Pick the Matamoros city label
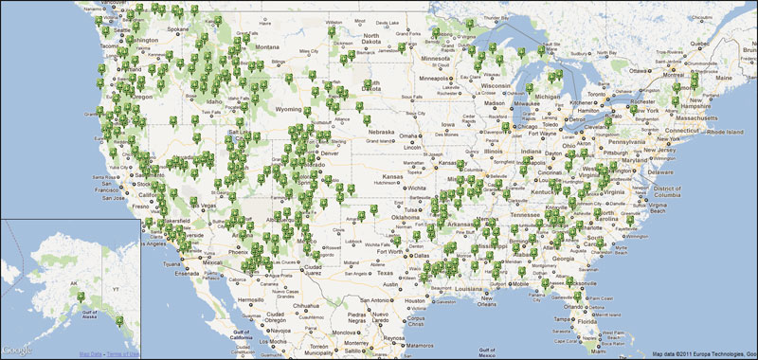pyautogui.click(x=400, y=336)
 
